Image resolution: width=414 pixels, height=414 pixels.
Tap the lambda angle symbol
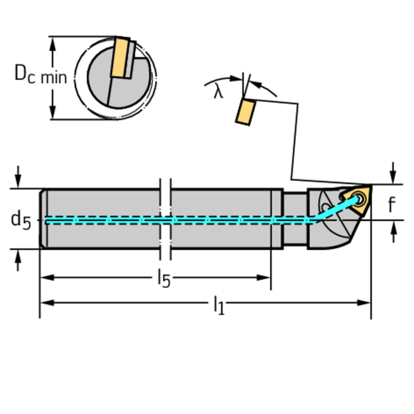click(218, 92)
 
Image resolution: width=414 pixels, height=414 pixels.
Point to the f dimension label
click(391, 205)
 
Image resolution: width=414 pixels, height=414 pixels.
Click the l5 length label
click(164, 279)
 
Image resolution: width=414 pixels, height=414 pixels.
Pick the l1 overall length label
click(218, 304)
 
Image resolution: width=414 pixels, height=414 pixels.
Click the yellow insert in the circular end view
click(120, 57)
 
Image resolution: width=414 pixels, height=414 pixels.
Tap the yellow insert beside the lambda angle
click(245, 112)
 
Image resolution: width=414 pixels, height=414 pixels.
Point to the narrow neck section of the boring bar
click(295, 219)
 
